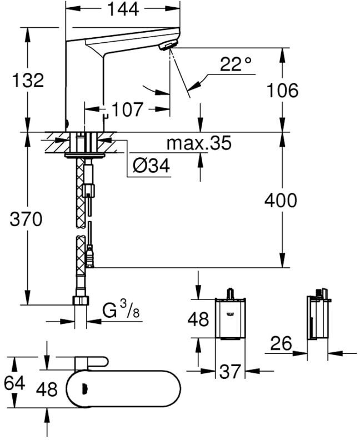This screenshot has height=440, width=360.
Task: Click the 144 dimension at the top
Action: (123, 10)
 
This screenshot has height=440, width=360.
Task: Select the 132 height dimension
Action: (29, 80)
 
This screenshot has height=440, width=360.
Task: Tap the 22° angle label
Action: (236, 66)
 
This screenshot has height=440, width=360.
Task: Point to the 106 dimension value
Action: (282, 90)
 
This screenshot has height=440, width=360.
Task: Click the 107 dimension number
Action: (128, 109)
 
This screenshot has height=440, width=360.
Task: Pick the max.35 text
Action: (199, 144)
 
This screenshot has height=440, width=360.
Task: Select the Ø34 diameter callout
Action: (151, 166)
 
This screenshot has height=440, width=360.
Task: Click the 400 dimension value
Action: (281, 200)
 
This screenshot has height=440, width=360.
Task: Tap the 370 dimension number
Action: (26, 220)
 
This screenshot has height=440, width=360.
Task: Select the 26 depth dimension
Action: (281, 344)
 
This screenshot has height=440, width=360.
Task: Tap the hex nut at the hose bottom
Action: (81, 301)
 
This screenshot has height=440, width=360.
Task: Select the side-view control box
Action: (318, 317)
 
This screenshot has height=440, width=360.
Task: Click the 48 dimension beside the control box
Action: (198, 319)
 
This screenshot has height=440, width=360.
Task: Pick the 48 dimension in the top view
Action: (47, 389)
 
